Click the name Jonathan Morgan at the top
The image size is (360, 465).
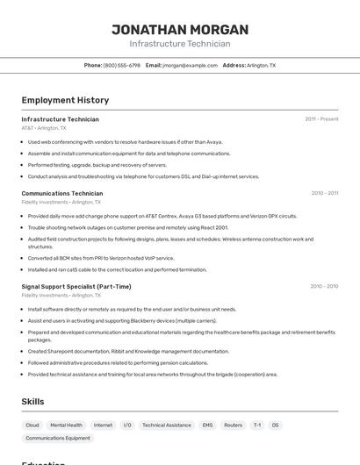click(x=180, y=29)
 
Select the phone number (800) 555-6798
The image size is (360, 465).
click(x=121, y=65)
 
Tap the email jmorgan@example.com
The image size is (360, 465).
click(x=191, y=65)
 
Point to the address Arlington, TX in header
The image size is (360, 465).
click(x=261, y=65)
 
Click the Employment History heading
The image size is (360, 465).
click(x=65, y=100)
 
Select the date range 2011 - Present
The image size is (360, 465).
click(x=321, y=119)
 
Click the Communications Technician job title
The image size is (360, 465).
click(x=62, y=193)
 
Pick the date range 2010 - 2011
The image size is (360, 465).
click(x=324, y=193)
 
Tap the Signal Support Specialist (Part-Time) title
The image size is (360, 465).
click(x=76, y=286)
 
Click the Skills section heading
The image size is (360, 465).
click(x=33, y=402)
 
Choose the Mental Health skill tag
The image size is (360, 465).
click(x=66, y=425)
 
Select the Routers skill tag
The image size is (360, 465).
click(x=233, y=425)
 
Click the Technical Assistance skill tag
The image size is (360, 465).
click(x=166, y=425)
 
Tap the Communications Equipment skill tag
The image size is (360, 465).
click(x=58, y=438)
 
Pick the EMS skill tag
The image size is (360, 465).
click(x=207, y=425)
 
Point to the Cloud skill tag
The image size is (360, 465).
click(x=32, y=425)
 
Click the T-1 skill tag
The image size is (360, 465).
click(x=256, y=425)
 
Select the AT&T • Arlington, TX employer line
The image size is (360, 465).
click(x=44, y=128)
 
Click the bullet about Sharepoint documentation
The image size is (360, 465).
click(x=128, y=351)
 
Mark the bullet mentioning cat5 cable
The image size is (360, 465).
click(x=117, y=269)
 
